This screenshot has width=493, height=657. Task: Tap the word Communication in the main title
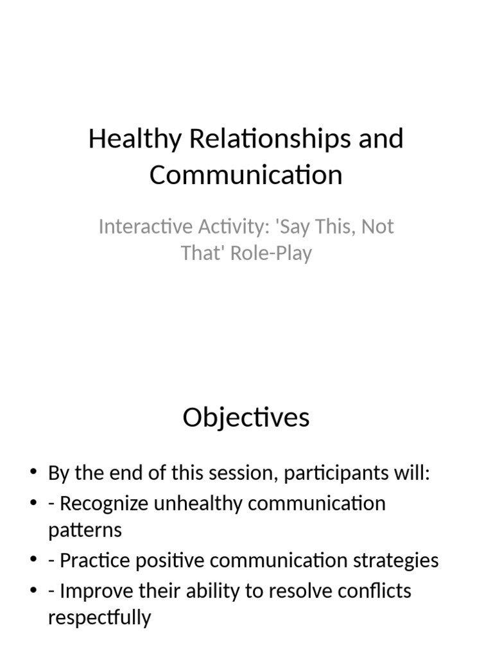246,175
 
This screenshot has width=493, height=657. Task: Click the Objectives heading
246,418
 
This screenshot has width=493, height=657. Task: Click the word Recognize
103,503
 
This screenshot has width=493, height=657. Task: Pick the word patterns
84,531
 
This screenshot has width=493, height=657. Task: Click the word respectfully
99,618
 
